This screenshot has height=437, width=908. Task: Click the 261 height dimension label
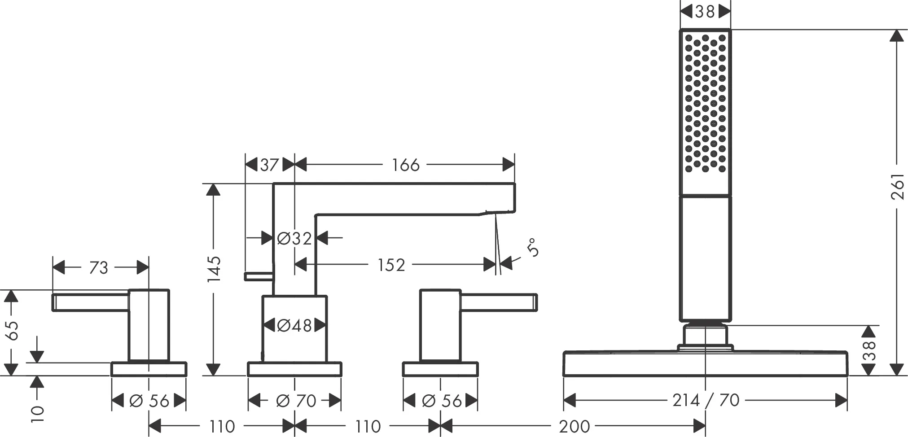coord(897,186)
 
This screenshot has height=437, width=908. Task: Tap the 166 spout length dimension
coord(405,165)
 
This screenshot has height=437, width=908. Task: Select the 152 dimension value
coord(391,265)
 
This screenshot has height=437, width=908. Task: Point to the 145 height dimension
coord(214,269)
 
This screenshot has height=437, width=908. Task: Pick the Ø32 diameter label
coord(294,238)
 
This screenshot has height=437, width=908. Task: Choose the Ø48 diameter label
coord(294,325)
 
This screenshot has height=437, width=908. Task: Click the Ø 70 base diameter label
coord(295,400)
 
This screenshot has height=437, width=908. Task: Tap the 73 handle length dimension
coord(99,268)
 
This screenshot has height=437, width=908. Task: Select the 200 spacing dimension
coord(575,426)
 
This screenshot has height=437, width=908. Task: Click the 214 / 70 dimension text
coord(706,400)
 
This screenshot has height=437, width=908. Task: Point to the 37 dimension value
coord(269,165)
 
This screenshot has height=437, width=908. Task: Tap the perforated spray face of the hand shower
coord(705,103)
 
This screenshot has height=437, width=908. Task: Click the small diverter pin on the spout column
coord(259,276)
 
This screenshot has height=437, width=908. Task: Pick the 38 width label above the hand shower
coord(705,12)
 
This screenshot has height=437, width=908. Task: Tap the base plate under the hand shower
coord(705,363)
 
